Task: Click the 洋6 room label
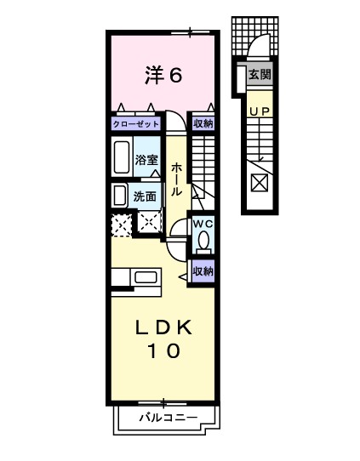click(163, 76)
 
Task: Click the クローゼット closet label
click(136, 124)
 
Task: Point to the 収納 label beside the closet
click(203, 124)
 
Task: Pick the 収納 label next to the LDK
click(203, 272)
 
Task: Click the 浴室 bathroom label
click(146, 160)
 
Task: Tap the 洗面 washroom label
click(145, 196)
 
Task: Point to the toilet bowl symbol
click(203, 241)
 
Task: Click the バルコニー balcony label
click(169, 418)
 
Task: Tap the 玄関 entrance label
click(260, 74)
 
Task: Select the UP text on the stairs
click(260, 110)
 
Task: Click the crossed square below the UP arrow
click(260, 181)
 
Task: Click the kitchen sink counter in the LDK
click(134, 277)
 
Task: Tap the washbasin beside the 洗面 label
click(120, 196)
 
